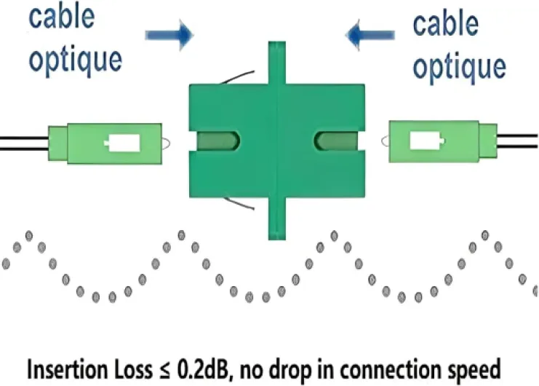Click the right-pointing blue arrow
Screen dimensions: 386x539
click(168, 33)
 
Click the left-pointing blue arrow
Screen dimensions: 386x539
click(372, 31)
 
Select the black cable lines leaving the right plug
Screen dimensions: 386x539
click(518, 142)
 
